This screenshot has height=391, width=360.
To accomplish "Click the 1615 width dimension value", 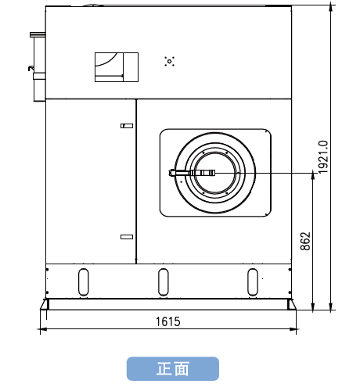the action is pos(168,321).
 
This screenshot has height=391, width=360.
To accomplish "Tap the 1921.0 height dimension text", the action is pos(323,157).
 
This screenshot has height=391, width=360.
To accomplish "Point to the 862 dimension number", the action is pos(305,241).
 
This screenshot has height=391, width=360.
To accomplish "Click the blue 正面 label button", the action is pos(173,368).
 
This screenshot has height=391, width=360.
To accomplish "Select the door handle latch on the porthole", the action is pos(192,173).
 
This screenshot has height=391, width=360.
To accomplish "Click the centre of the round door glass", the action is pos(215,173).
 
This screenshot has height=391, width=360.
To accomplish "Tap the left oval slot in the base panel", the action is pos(84,282).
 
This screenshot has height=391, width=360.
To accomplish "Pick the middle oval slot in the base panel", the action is pos(164,282).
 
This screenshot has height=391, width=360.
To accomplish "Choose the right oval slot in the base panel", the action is pos(253,282).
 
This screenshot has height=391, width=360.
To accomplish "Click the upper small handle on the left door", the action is pos(127,126).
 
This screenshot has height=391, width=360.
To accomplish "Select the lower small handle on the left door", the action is pos(127,237).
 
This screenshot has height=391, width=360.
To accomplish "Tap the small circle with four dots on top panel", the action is pos(170,61).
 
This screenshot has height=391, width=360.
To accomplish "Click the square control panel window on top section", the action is pos(117,67).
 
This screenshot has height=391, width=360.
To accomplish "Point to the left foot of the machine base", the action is pos(45,304).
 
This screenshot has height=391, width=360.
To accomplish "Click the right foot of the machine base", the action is pos(292,304).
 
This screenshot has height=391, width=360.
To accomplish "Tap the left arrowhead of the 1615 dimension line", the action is pos(43,329).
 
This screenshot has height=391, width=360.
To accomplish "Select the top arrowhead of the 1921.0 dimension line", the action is pos(331,7).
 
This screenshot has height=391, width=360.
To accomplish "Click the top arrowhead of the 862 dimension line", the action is pos(313,176).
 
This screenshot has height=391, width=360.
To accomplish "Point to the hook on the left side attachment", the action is pos(31,68).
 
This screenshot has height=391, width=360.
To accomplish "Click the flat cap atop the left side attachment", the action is pos(38,34).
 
